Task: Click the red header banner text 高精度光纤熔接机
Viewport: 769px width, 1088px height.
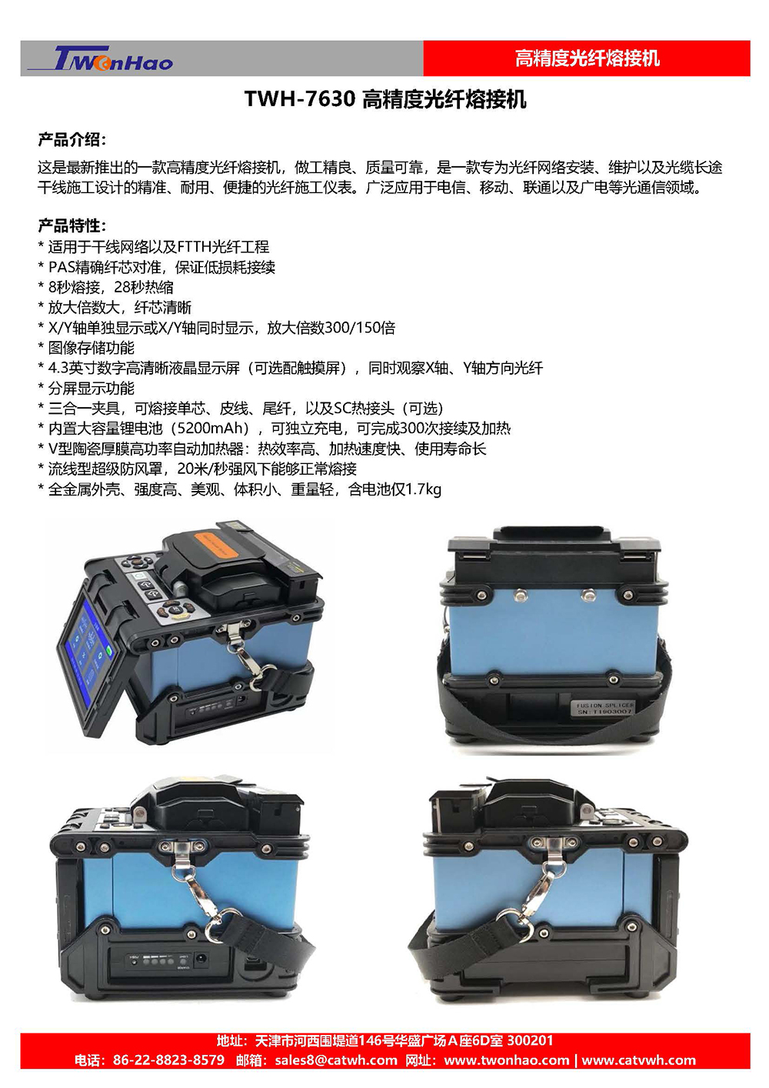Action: [587, 58]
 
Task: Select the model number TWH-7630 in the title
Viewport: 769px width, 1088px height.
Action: [300, 99]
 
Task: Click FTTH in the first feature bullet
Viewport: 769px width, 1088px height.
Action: [195, 247]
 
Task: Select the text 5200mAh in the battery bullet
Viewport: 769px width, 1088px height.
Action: [211, 428]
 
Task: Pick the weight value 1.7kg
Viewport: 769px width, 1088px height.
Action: [423, 489]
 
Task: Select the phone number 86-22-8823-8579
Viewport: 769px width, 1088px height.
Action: [169, 1060]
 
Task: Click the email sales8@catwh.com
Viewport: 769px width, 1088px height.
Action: [336, 1060]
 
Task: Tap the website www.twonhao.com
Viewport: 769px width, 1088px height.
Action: [506, 1060]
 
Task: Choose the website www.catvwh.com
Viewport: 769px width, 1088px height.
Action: [638, 1060]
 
